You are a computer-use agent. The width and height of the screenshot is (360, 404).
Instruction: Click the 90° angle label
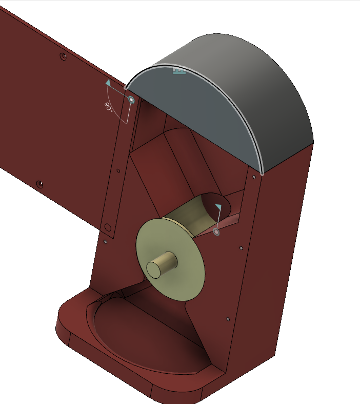109,107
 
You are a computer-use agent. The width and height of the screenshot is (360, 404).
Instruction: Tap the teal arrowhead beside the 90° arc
109,83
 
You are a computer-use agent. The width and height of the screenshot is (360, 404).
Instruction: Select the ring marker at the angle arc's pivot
131,100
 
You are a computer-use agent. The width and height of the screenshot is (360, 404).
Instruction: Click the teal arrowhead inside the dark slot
218,207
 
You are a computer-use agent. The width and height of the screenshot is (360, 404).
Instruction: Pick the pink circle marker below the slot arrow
217,232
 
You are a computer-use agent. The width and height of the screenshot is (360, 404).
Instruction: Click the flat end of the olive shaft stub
153,270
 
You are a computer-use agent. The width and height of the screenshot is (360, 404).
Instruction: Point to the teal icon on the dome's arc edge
179,70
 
